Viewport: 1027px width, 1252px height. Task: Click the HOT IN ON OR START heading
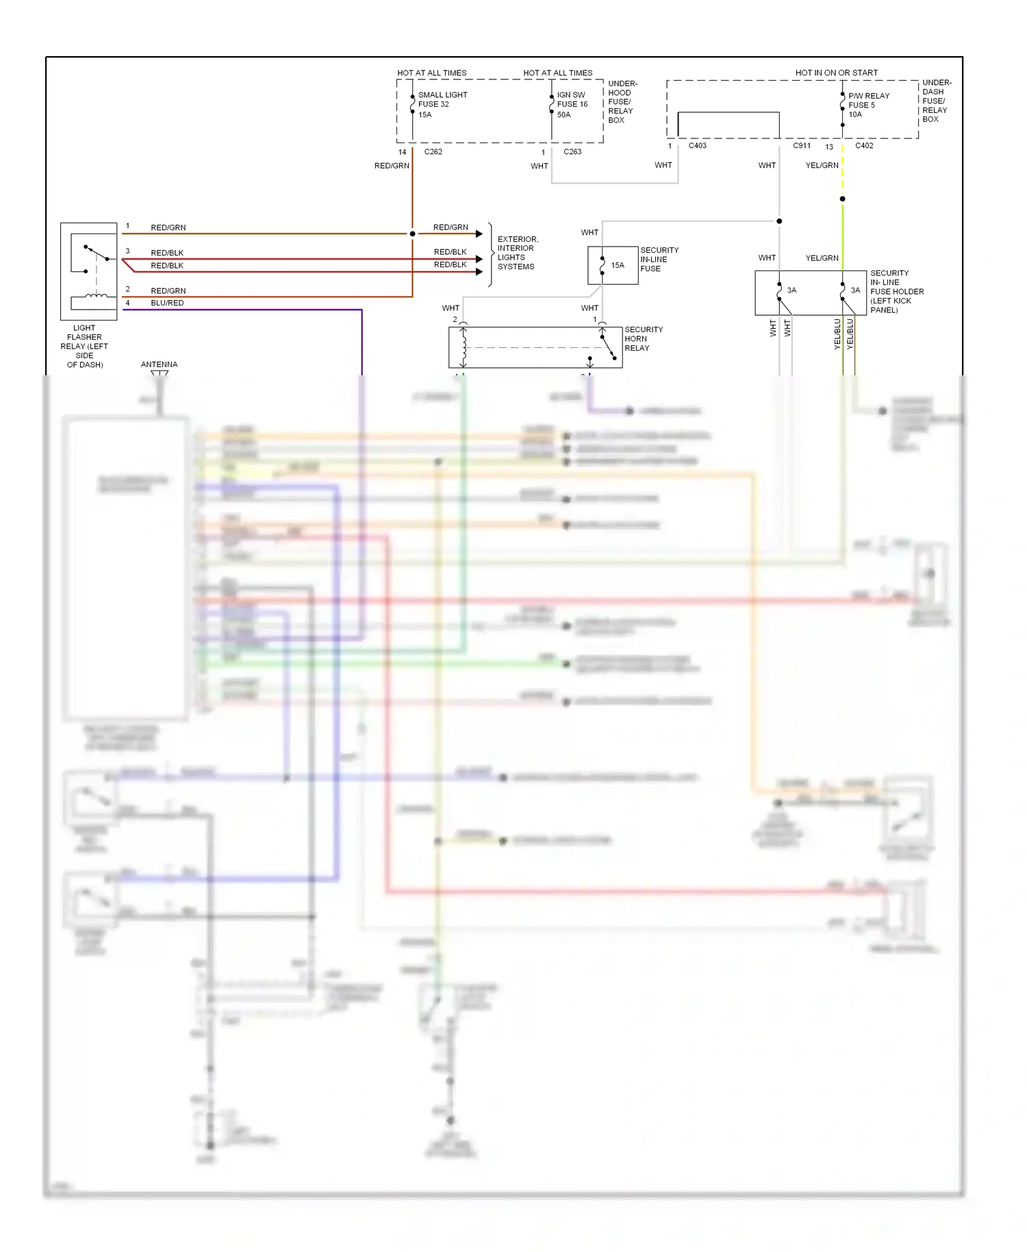tap(836, 73)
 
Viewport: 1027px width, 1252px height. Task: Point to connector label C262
tap(433, 151)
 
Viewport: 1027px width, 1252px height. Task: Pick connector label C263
tap(572, 151)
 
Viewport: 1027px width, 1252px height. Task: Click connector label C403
tap(697, 145)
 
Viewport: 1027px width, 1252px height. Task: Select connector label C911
tap(802, 145)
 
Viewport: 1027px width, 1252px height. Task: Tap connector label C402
tap(864, 145)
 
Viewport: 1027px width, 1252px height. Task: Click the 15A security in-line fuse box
tap(612, 265)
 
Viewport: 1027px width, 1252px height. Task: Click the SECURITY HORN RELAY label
tap(643, 338)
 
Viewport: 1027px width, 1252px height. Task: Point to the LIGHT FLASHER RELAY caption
tap(84, 346)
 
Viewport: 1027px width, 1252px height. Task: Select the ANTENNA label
tap(159, 364)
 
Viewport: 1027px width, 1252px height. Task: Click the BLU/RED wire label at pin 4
tap(167, 303)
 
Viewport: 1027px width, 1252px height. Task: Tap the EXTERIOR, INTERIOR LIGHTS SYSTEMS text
tap(518, 253)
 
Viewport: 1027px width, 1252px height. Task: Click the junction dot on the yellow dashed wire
tap(842, 199)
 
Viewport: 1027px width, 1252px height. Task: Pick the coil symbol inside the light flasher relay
tap(95, 296)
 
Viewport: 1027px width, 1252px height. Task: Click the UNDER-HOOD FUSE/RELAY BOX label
tap(622, 101)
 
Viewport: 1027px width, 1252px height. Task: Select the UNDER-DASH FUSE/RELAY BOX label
tap(936, 101)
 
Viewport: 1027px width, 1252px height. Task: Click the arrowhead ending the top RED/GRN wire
tap(479, 234)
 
